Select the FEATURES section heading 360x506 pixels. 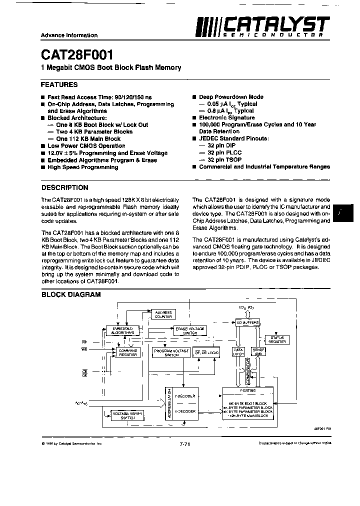pos(59,84)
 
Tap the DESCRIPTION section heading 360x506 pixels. pos(64,187)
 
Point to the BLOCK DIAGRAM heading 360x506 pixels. pos(71,294)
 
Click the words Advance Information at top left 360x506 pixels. pos(69,35)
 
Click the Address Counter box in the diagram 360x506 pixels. pos(163,314)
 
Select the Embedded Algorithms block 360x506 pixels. pos(121,330)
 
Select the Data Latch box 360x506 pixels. pos(238,351)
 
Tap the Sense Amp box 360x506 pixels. pos(258,351)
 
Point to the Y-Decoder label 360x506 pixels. pos(185,395)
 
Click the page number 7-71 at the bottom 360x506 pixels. pos(183,443)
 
